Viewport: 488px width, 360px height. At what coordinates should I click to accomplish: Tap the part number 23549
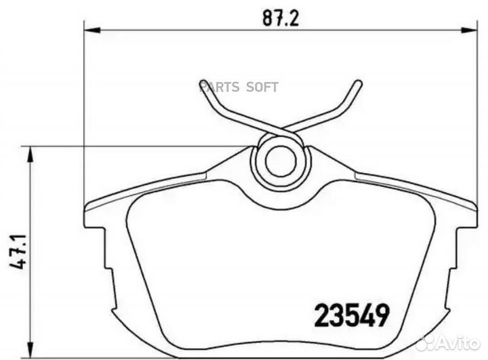point(352,315)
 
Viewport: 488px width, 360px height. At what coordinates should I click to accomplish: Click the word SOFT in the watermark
point(262,87)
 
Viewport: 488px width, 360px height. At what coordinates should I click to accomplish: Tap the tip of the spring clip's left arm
point(201,84)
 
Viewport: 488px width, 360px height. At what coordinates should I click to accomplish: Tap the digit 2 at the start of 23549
point(322,315)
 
